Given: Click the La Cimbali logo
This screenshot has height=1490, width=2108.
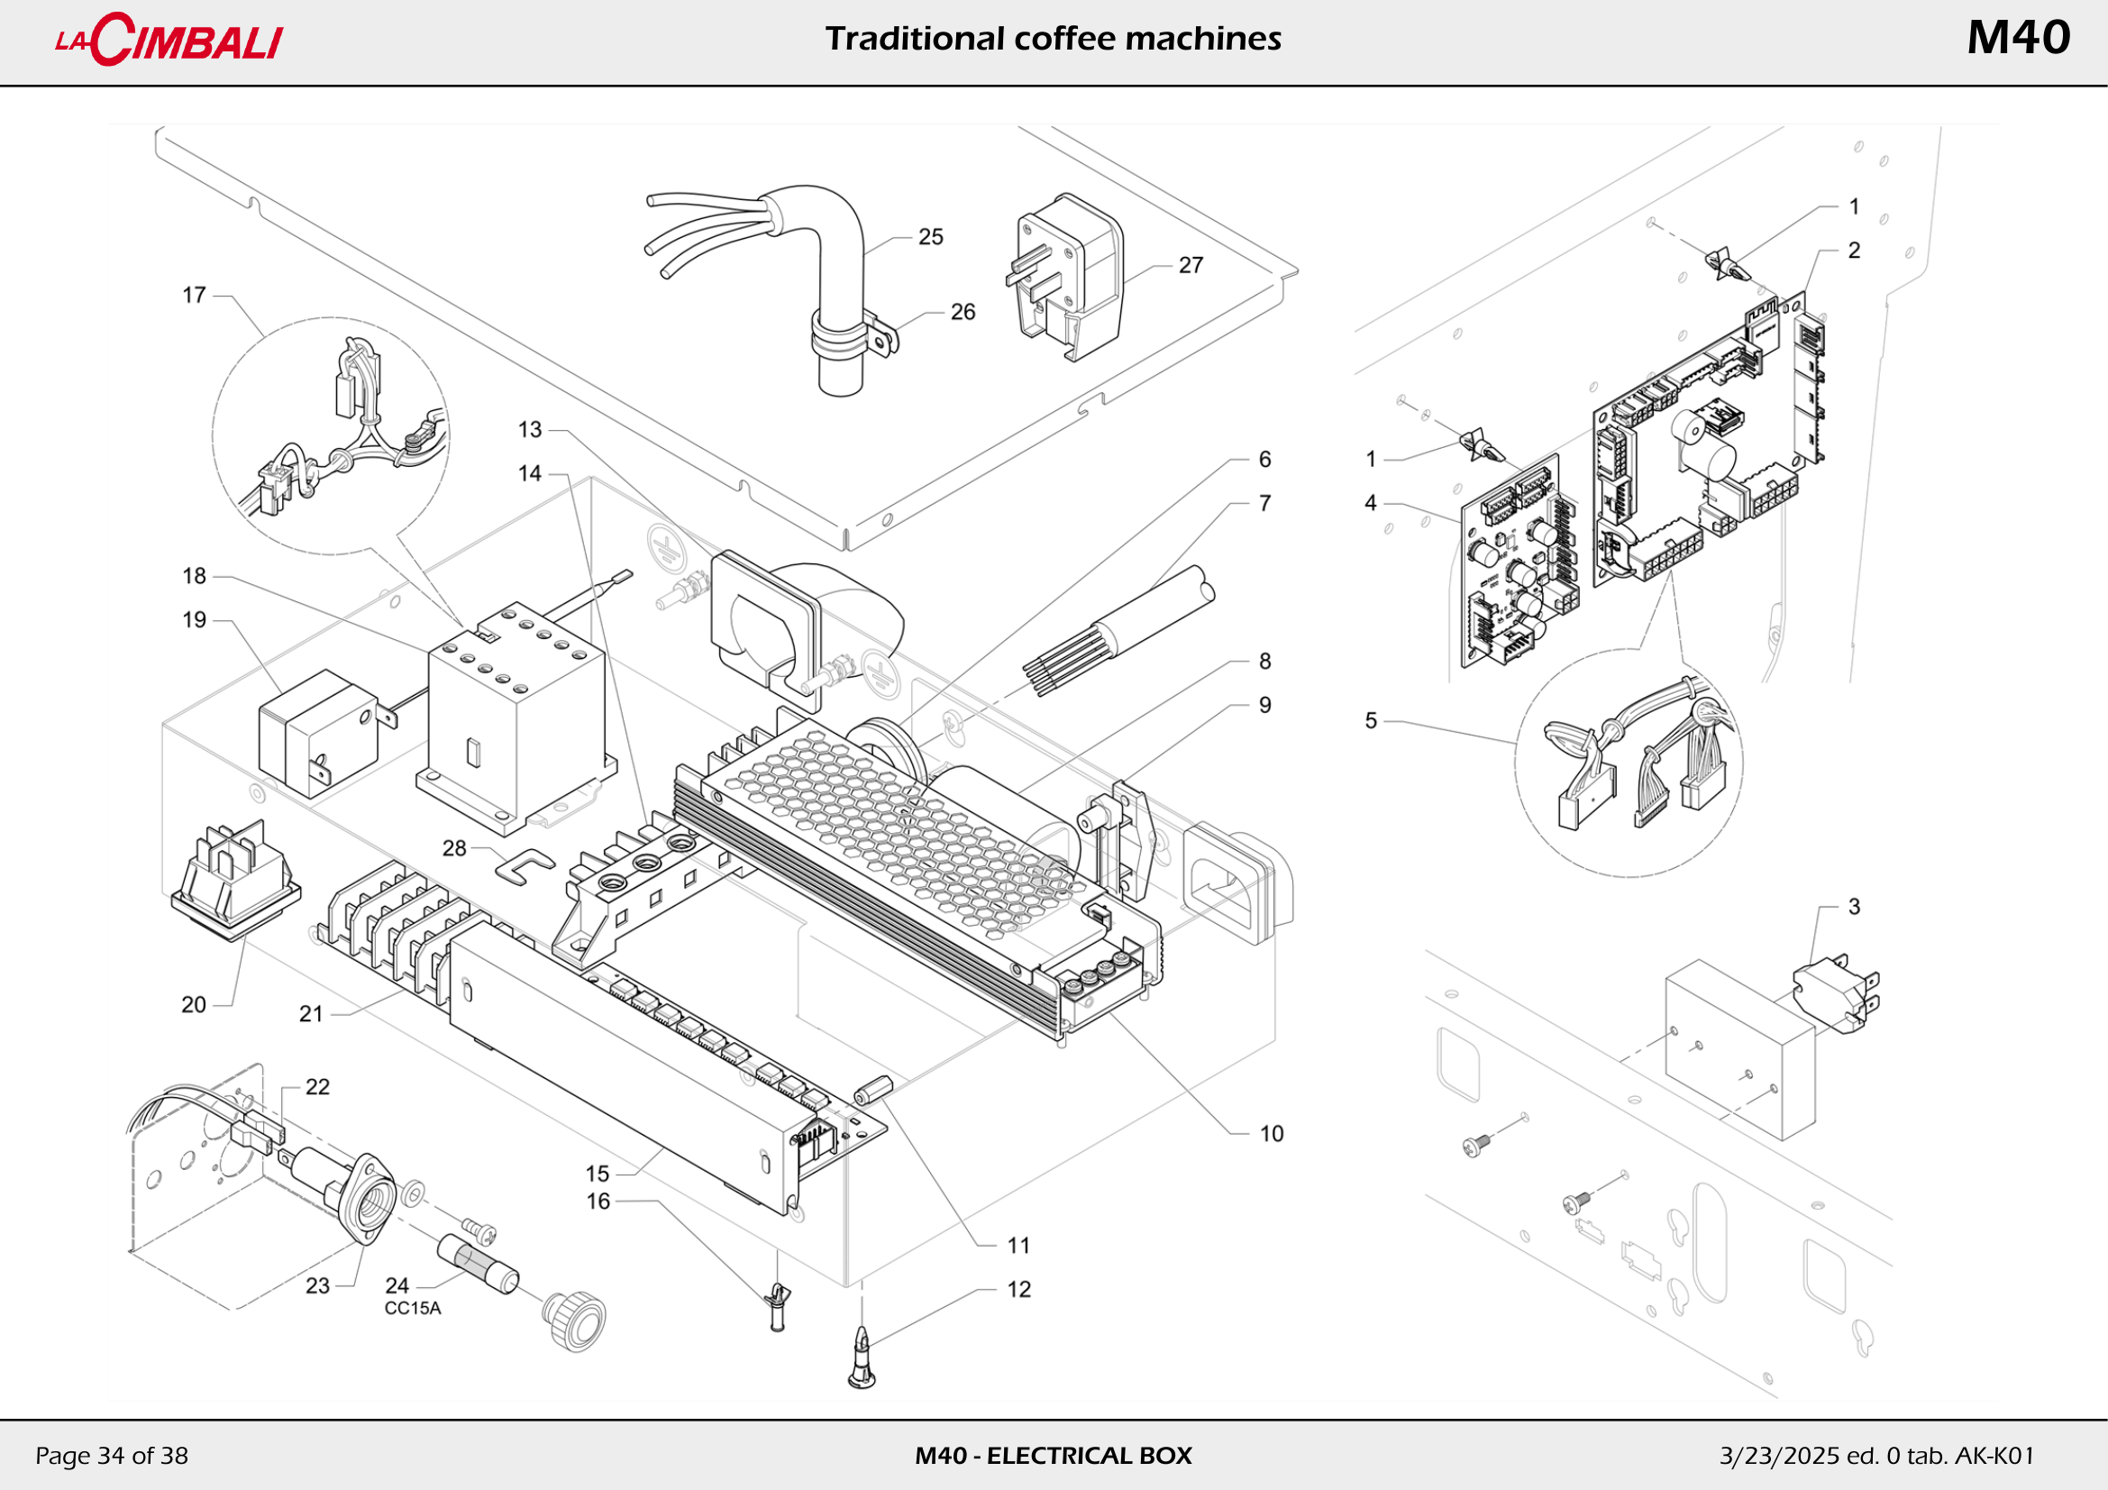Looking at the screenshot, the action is click(x=169, y=40).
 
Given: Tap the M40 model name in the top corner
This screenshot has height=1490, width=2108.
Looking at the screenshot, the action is click(x=2018, y=38).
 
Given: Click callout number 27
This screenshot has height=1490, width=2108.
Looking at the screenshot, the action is click(x=1191, y=265).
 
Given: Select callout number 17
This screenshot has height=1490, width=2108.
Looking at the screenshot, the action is click(x=194, y=296).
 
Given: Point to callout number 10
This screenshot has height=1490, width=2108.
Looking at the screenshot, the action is click(x=1272, y=1134).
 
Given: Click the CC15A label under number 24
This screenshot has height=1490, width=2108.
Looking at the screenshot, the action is click(x=412, y=1308).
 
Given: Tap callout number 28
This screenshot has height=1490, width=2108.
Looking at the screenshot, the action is click(x=454, y=848).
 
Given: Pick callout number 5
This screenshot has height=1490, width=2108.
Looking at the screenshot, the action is click(x=1371, y=721).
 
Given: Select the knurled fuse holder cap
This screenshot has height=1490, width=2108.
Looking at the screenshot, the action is click(x=574, y=1321).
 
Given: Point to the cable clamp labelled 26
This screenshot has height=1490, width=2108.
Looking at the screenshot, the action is click(x=853, y=336).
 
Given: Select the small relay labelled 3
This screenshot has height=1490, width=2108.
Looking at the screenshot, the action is click(x=1836, y=995).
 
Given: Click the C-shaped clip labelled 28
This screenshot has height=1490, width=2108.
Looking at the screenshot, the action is click(x=525, y=865).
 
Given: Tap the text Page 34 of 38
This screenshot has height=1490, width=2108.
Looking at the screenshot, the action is click(x=111, y=1455).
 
